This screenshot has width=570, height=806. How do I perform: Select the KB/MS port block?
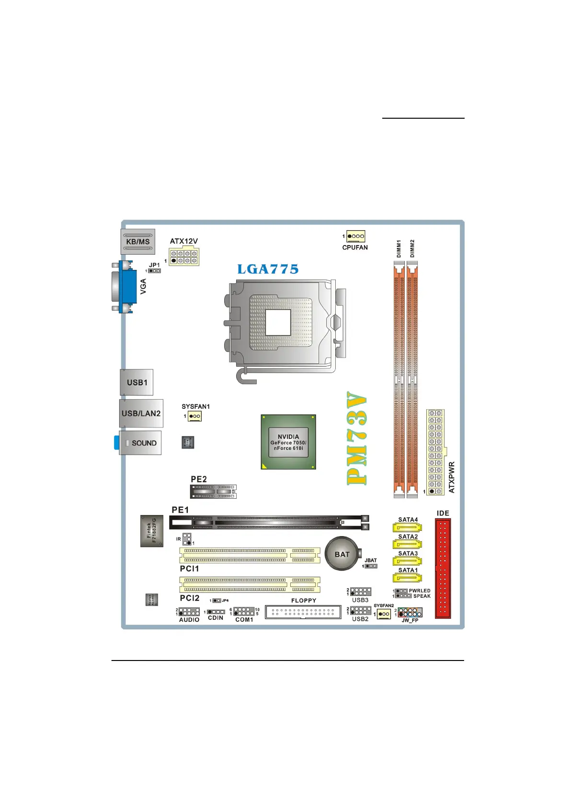click(138, 242)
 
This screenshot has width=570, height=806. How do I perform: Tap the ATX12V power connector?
click(184, 257)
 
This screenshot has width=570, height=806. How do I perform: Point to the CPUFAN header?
click(356, 236)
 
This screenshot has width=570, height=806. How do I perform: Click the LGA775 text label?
click(268, 269)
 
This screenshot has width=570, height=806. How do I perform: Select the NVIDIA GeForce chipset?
click(288, 442)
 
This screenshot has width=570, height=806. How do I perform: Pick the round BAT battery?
click(342, 554)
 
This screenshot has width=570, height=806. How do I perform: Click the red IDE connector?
click(443, 569)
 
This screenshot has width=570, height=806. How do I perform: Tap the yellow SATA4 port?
click(407, 528)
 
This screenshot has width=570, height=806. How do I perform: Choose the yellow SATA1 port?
click(407, 578)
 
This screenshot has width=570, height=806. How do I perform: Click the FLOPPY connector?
click(303, 612)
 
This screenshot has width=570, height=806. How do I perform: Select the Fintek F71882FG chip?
click(152, 531)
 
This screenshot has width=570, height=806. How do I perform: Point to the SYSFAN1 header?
click(194, 416)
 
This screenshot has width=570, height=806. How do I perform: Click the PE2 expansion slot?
click(214, 492)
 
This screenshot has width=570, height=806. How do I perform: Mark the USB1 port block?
click(137, 382)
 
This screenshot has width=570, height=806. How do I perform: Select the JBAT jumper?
click(371, 566)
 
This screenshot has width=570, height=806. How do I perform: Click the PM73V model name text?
click(357, 438)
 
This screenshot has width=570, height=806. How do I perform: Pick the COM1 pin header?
click(244, 612)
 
